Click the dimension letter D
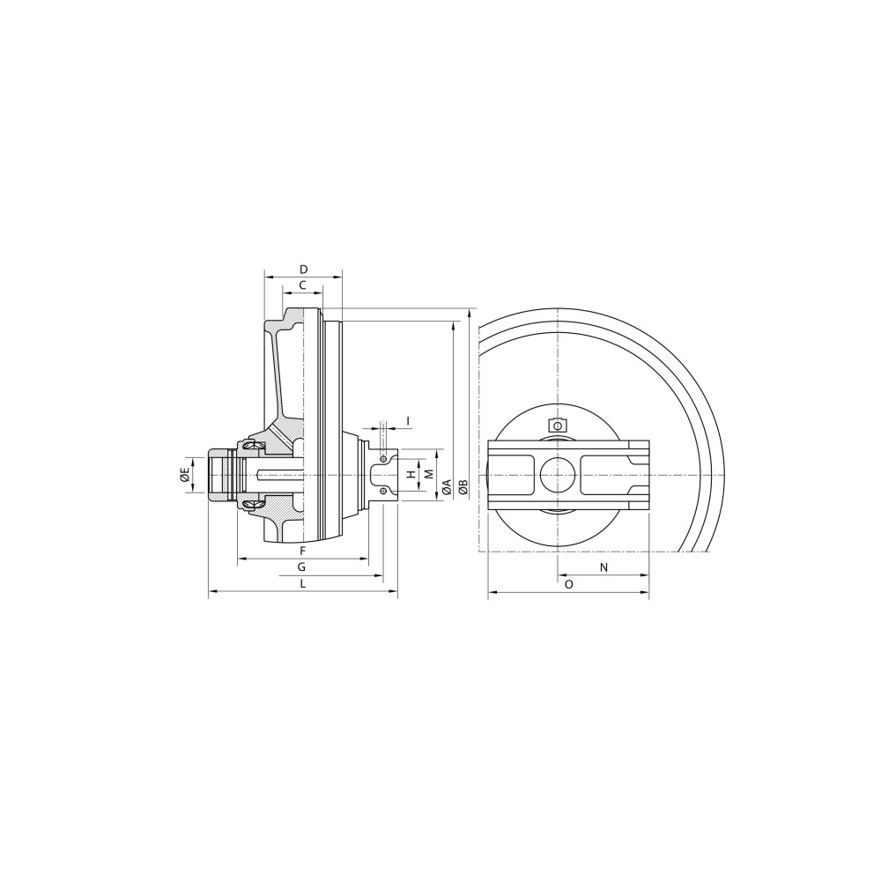(x=303, y=269)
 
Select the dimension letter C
(x=302, y=285)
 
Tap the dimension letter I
(x=409, y=420)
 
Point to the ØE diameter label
(x=184, y=475)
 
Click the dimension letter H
(x=411, y=475)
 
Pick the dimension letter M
(x=429, y=474)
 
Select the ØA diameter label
(x=448, y=486)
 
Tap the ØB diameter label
(x=463, y=486)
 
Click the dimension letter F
(x=302, y=550)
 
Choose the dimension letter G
(x=301, y=566)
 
